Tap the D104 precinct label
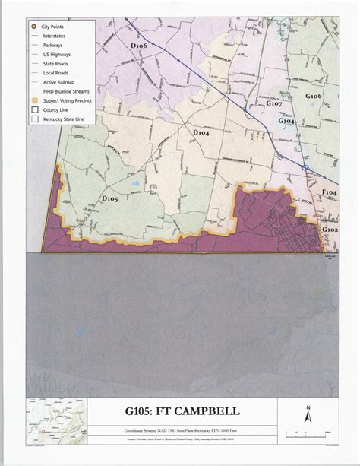point(201,133)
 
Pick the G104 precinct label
point(286,121)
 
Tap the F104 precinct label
point(329,193)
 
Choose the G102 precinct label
point(330,229)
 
